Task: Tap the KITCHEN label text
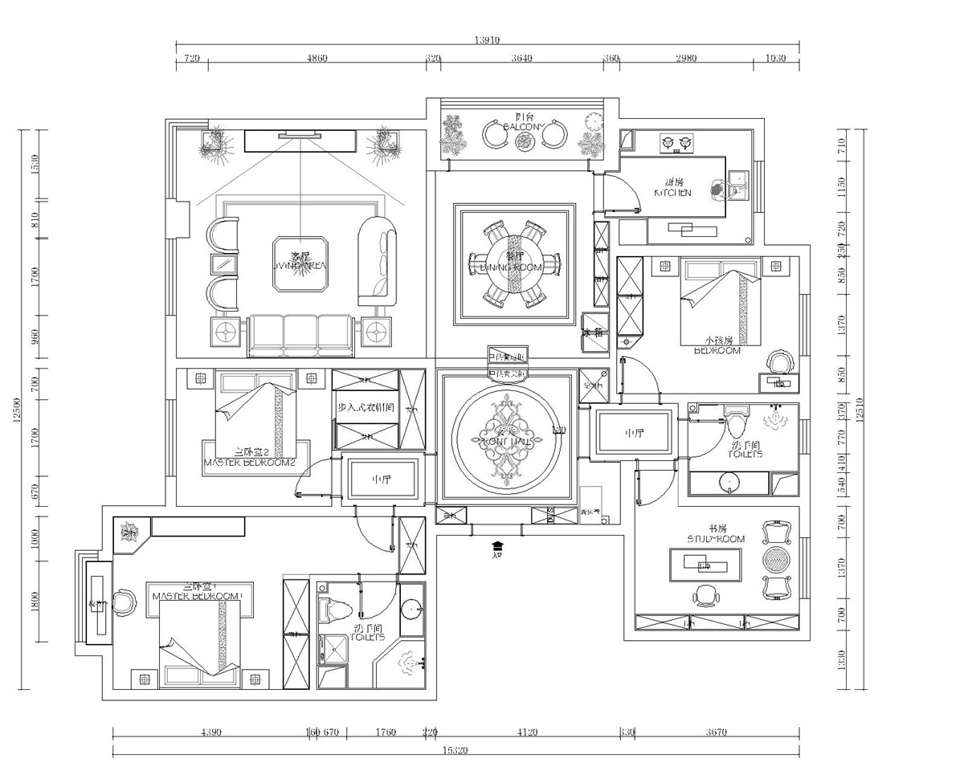click(x=672, y=193)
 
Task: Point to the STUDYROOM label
click(x=717, y=538)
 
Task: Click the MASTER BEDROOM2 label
click(x=250, y=463)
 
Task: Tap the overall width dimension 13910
click(x=487, y=39)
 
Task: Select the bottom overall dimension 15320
click(x=455, y=749)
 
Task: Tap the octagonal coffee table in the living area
click(x=300, y=263)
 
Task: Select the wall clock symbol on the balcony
click(x=594, y=121)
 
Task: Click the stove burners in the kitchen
click(x=676, y=144)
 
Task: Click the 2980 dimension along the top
click(x=686, y=59)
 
